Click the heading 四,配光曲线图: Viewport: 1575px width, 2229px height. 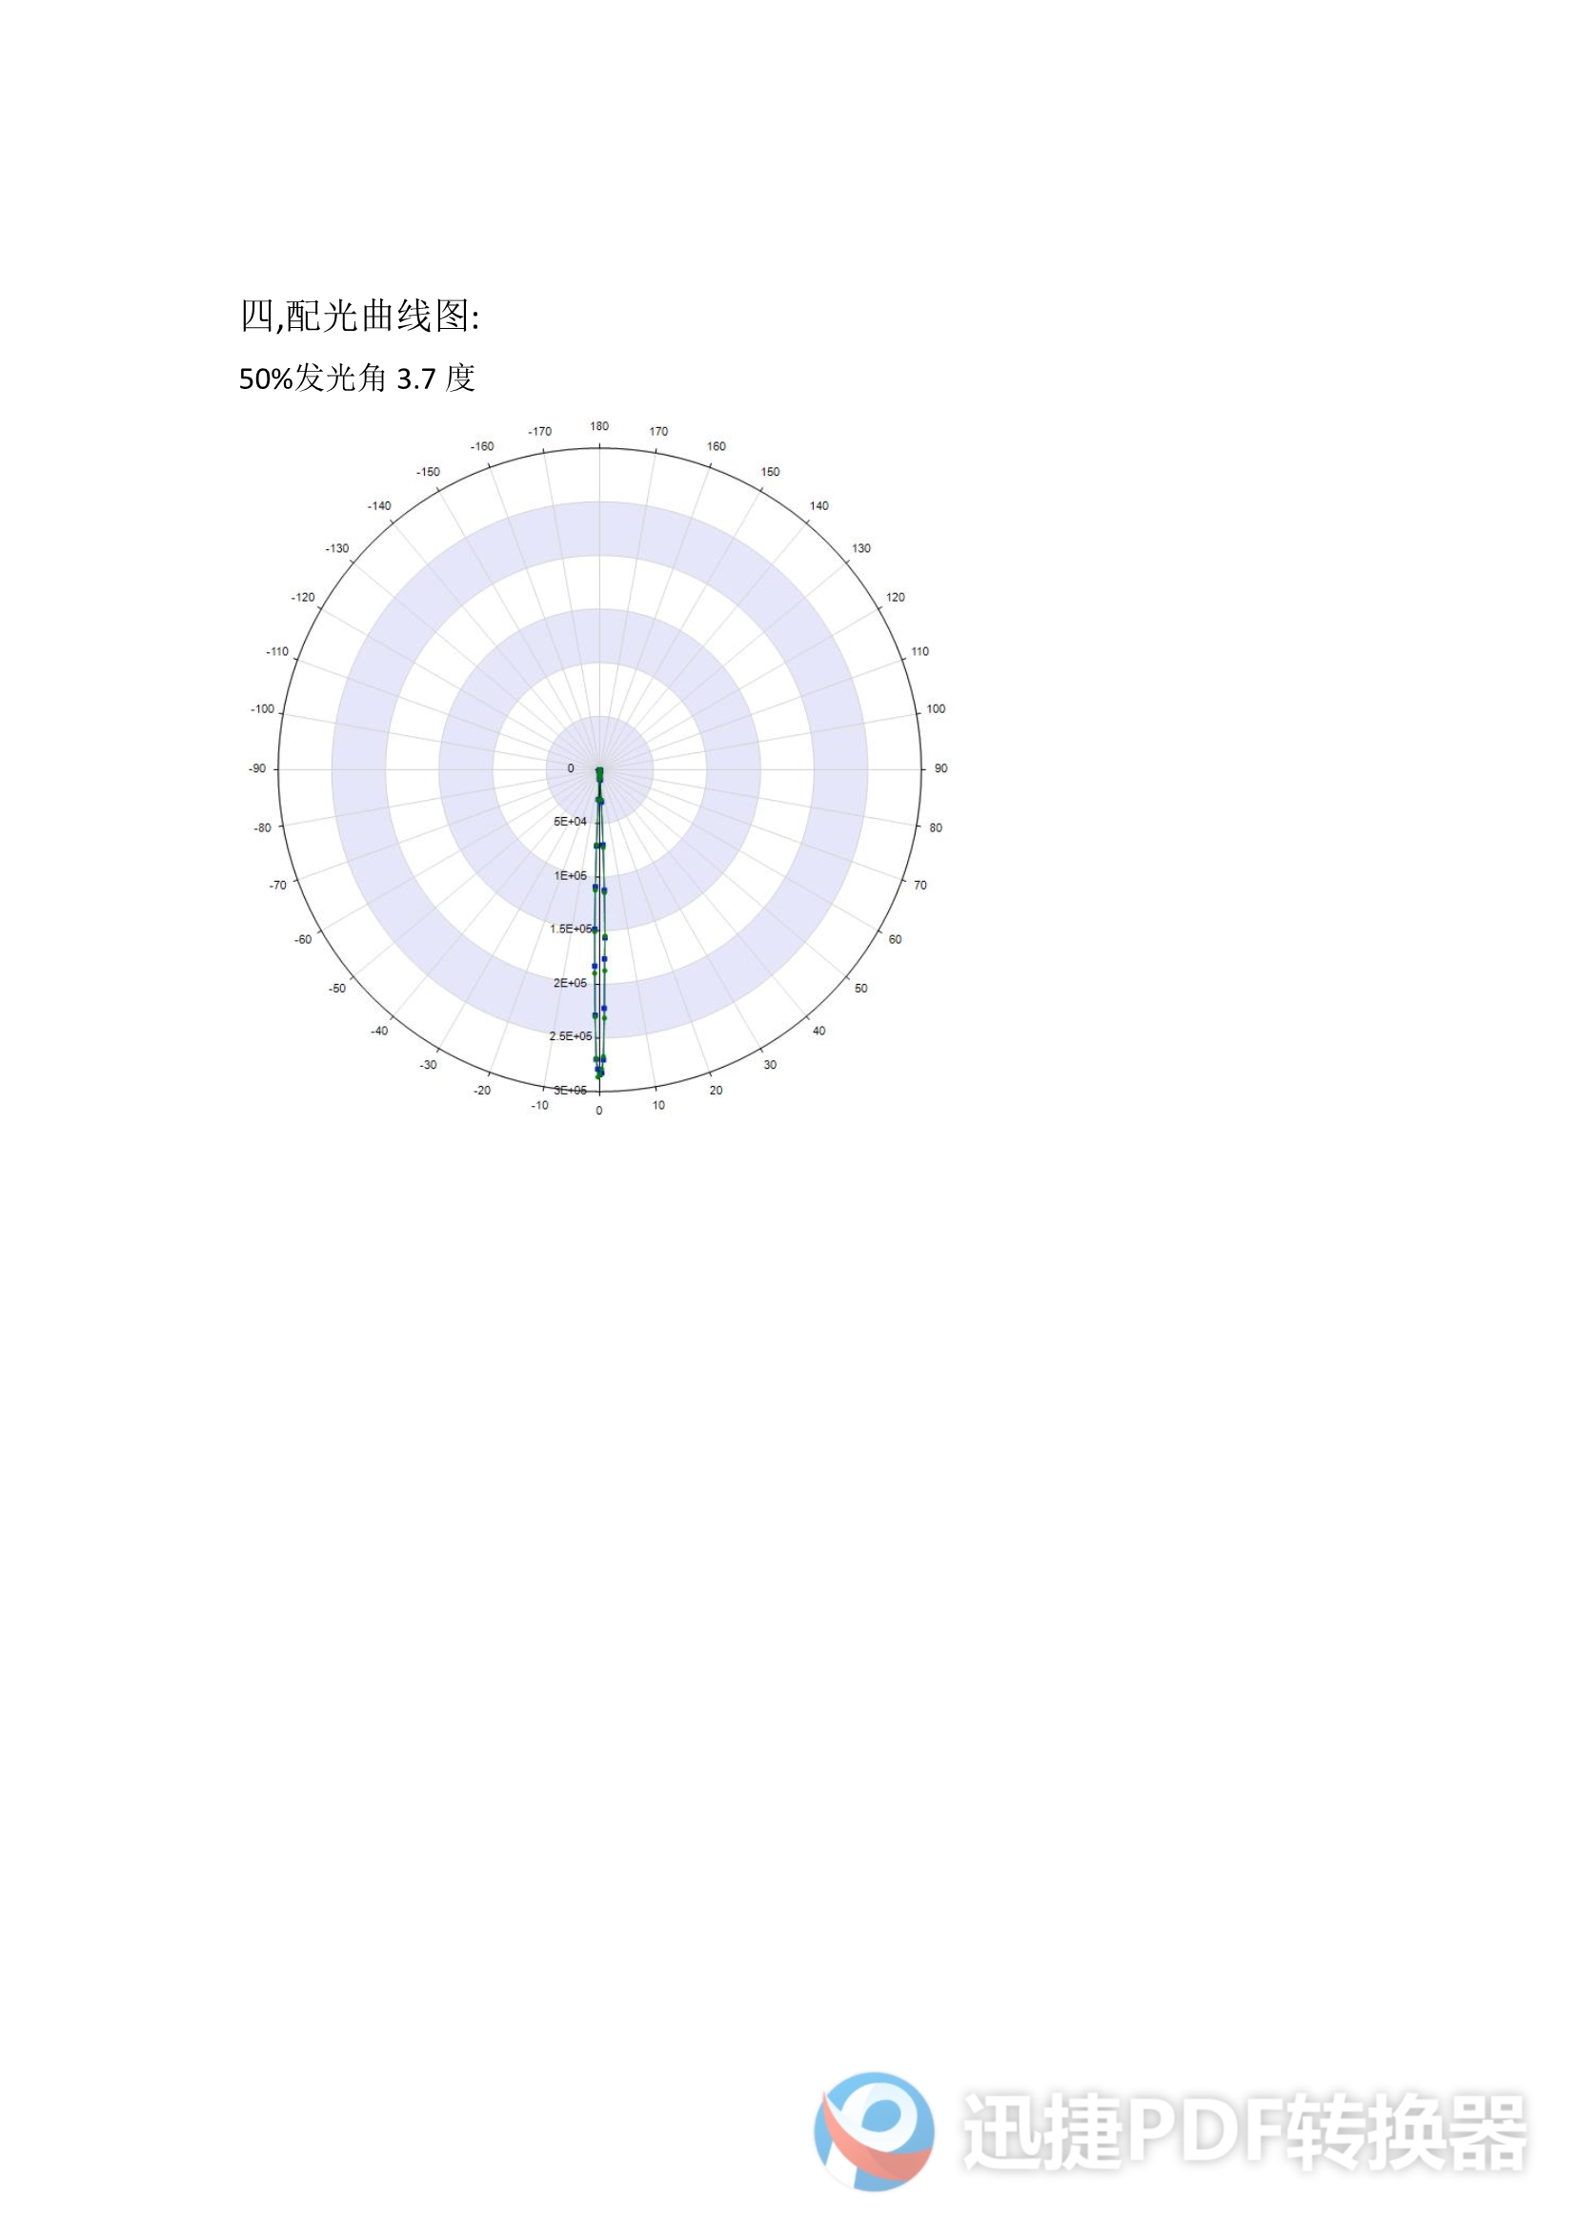359,316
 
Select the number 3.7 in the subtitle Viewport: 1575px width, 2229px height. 416,378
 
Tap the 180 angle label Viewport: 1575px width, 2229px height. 599,426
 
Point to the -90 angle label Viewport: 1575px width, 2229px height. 257,768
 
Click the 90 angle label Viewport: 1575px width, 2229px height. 940,768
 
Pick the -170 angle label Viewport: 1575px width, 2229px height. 539,431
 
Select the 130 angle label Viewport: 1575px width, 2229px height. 860,548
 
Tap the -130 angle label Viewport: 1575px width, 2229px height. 336,548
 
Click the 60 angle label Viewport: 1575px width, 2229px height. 895,940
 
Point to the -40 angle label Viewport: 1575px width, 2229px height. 379,1031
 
